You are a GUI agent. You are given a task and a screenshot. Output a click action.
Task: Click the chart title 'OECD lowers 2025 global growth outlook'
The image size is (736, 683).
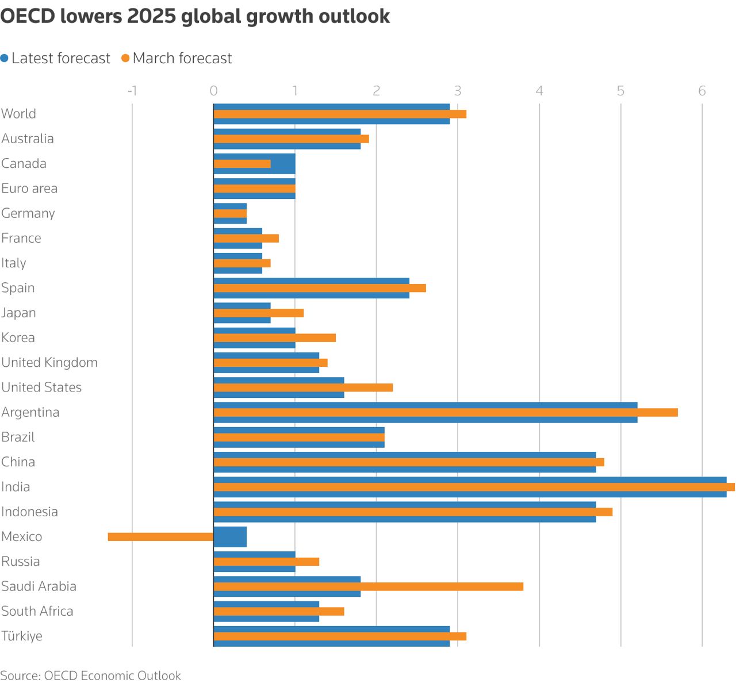[195, 16]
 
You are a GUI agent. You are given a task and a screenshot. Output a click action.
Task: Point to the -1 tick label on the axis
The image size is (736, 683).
[132, 90]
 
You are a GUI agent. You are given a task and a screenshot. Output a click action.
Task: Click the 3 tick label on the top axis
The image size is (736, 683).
[458, 90]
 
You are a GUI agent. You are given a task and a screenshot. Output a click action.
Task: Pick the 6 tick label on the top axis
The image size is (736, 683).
[702, 90]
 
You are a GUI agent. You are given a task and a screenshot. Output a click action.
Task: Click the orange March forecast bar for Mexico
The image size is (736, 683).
[160, 537]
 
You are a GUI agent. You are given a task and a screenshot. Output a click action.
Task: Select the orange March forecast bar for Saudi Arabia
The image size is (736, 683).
[368, 586]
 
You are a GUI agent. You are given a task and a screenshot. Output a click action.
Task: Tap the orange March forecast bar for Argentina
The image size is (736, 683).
[446, 412]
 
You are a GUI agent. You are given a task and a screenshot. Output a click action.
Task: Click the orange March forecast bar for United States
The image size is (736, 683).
[303, 387]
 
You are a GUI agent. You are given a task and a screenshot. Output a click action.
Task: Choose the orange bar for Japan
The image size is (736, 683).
[258, 313]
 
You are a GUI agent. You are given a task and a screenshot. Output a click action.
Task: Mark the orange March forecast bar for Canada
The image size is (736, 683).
[242, 164]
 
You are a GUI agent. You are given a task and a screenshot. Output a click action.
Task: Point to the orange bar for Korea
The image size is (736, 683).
[274, 338]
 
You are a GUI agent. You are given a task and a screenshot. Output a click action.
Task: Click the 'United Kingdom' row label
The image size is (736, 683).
[49, 363]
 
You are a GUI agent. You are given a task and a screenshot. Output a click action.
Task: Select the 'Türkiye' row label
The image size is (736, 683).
[22, 636]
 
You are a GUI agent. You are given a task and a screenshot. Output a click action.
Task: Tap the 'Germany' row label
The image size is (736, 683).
[28, 213]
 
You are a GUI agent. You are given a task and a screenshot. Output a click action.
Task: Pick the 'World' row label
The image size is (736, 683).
[19, 114]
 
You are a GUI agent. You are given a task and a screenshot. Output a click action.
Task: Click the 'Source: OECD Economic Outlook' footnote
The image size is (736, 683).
[90, 676]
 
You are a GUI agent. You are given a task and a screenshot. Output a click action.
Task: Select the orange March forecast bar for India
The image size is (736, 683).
[474, 487]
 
